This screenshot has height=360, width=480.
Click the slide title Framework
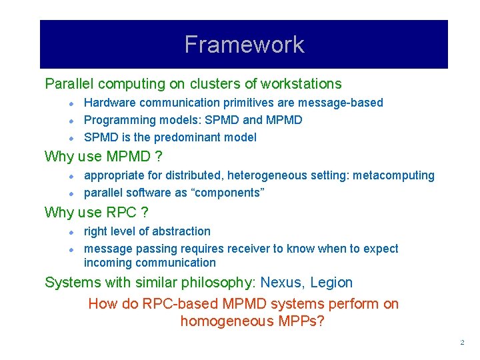tap(244, 45)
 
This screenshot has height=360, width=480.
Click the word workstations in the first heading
tap(301, 84)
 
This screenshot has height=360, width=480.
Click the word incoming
tap(107, 263)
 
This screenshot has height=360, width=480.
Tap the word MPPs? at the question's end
tap(309, 321)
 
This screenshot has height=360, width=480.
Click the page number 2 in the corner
tap(461, 343)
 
